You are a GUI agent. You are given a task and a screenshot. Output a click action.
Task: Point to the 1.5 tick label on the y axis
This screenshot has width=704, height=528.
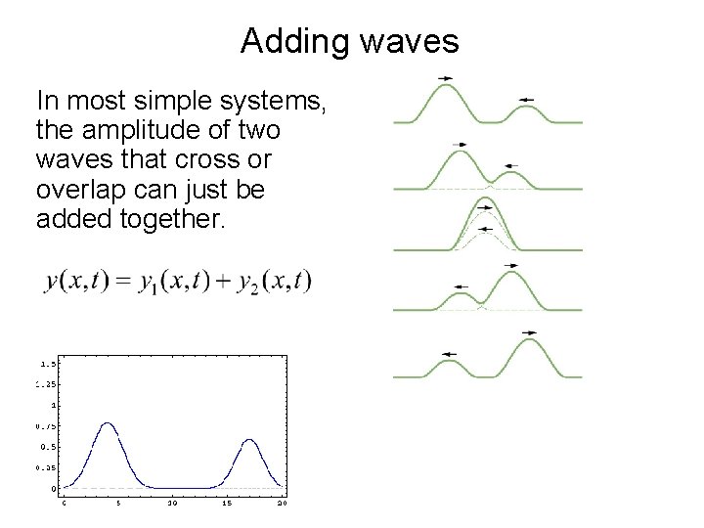[x=45, y=364]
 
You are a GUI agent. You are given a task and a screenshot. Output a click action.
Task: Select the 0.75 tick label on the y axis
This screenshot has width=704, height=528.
[x=45, y=426]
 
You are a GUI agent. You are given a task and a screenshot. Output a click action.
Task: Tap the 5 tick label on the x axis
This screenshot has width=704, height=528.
[x=118, y=504]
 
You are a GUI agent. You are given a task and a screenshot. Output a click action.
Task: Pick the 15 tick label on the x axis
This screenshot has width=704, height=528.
[x=226, y=504]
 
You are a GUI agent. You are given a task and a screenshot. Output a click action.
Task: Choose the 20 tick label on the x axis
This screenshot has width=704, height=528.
[x=282, y=504]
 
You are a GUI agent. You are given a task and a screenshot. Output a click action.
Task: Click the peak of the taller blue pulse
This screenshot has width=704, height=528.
[x=108, y=423]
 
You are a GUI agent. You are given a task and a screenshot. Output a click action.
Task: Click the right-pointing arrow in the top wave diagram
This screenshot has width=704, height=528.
[x=445, y=77]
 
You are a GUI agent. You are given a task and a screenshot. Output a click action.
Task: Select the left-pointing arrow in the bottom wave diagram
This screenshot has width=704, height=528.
[x=450, y=354]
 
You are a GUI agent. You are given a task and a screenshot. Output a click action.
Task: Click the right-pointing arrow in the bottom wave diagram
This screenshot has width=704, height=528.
[x=529, y=332]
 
